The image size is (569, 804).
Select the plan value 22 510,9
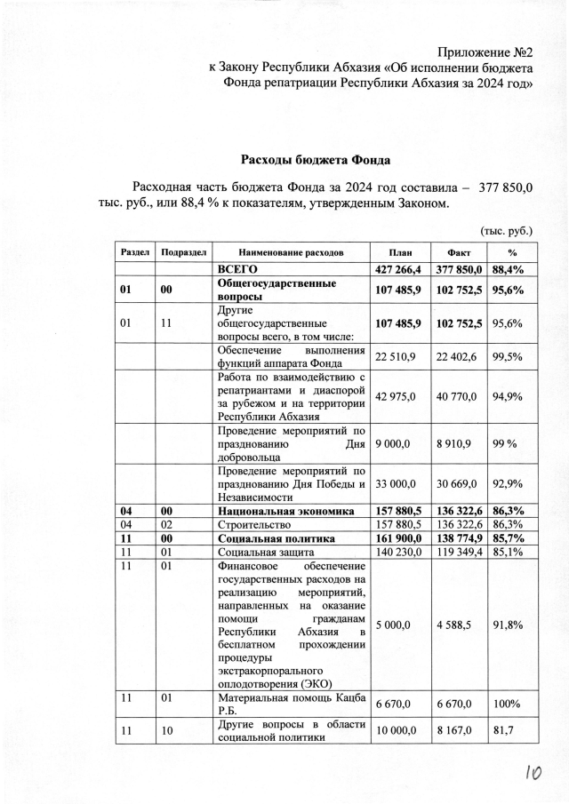point(396,356)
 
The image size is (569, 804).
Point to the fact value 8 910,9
point(455,443)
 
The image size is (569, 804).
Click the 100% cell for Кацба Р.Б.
point(507,704)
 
